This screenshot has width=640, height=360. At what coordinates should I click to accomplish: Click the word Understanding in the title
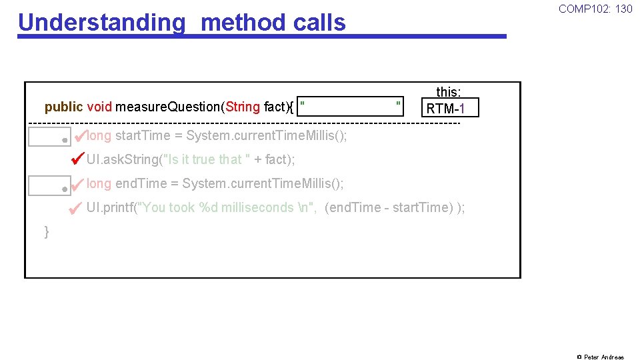pyautogui.click(x=102, y=22)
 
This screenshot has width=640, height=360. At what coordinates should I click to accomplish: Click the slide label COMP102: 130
pyautogui.click(x=595, y=9)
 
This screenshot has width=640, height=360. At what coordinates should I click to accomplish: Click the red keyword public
pyautogui.click(x=63, y=107)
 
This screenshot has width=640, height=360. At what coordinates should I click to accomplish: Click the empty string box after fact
pyautogui.click(x=351, y=106)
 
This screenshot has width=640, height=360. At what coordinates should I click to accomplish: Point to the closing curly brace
pyautogui.click(x=47, y=232)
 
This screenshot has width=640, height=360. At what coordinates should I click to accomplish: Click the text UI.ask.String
pyautogui.click(x=123, y=159)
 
